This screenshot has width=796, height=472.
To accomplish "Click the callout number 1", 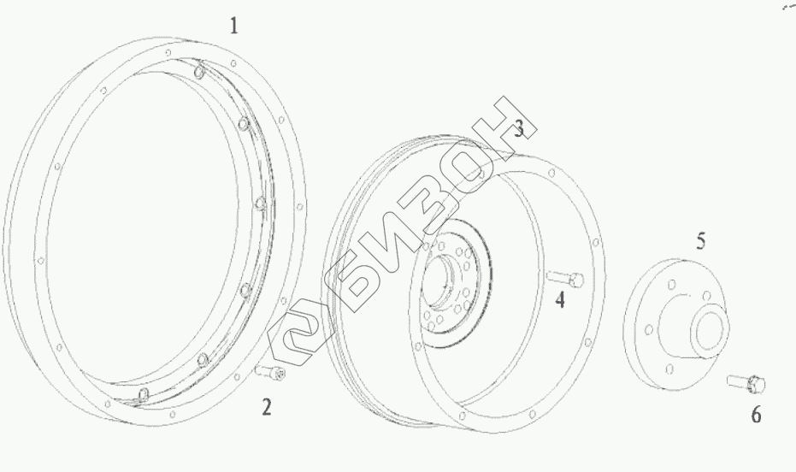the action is (x=233, y=26).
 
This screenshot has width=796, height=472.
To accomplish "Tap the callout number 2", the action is (x=267, y=407).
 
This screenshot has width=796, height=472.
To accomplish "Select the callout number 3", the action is (x=518, y=129).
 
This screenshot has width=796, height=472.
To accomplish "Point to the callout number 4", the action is (x=559, y=299).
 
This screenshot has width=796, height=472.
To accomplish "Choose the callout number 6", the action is (x=756, y=416).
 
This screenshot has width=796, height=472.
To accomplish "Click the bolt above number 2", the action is (x=270, y=372).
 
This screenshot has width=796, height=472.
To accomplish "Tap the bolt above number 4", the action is (x=565, y=278).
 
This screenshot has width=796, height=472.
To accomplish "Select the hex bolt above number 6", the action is (x=746, y=382).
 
